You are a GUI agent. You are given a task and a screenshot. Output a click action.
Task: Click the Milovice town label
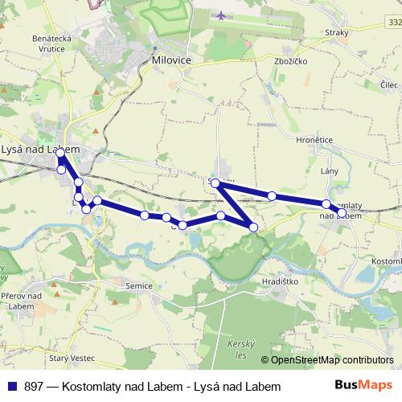coord(169,60)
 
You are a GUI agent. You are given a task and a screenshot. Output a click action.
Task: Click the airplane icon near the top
coord(221,14)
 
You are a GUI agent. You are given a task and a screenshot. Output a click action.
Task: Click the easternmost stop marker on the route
coord(342,212)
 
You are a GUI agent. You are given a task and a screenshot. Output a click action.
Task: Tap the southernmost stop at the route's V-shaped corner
coord(254,228)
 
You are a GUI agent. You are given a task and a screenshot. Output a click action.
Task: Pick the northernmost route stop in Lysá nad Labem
coord(60,153)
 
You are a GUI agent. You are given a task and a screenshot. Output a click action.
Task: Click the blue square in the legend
coord(10,387)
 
